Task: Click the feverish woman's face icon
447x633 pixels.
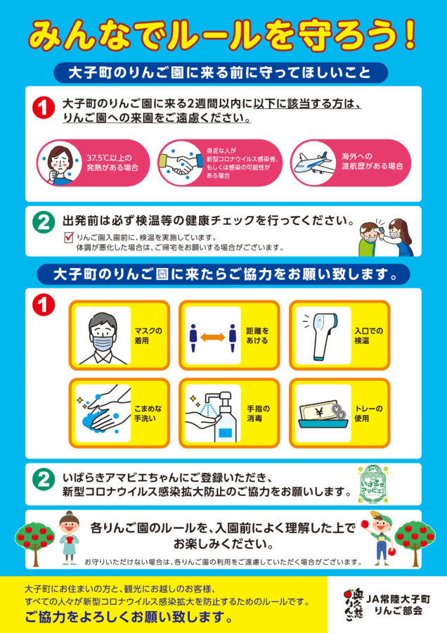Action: pos(60,162)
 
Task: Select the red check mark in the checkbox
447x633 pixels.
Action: pos(70,236)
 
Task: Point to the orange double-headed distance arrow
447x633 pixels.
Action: pos(213,337)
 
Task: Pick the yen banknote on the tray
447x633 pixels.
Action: pos(320,411)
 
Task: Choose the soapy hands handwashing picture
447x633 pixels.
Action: pos(103,411)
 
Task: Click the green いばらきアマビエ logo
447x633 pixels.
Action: pos(372,485)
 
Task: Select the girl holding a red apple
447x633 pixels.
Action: pos(69,537)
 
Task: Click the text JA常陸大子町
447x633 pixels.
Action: pos(398,599)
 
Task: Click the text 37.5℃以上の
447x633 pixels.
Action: pos(109,158)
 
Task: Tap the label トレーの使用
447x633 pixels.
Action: pos(368,414)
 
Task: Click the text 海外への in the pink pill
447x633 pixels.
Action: pos(356,156)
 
